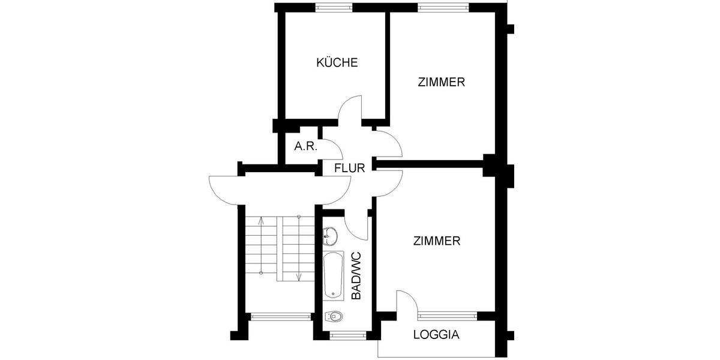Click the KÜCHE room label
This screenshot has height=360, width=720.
[x=337, y=62]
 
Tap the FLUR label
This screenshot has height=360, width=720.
[x=349, y=168]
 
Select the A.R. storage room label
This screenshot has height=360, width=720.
[x=305, y=146]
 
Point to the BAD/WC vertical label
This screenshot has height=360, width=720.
[x=356, y=276]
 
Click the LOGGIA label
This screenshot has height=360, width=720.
[x=436, y=335]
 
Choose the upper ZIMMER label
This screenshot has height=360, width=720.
[x=442, y=82]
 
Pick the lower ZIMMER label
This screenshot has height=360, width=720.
[x=437, y=241]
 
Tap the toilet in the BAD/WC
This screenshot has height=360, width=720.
[x=334, y=316]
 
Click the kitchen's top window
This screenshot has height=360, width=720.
[x=334, y=7]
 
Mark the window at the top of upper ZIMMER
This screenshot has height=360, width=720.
[x=443, y=7]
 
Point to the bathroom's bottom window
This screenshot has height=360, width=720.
[x=344, y=334]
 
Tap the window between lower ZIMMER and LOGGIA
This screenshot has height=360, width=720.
[x=448, y=314]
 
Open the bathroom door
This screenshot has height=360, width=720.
[x=358, y=225]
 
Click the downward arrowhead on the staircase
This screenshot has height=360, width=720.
[x=298, y=278]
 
